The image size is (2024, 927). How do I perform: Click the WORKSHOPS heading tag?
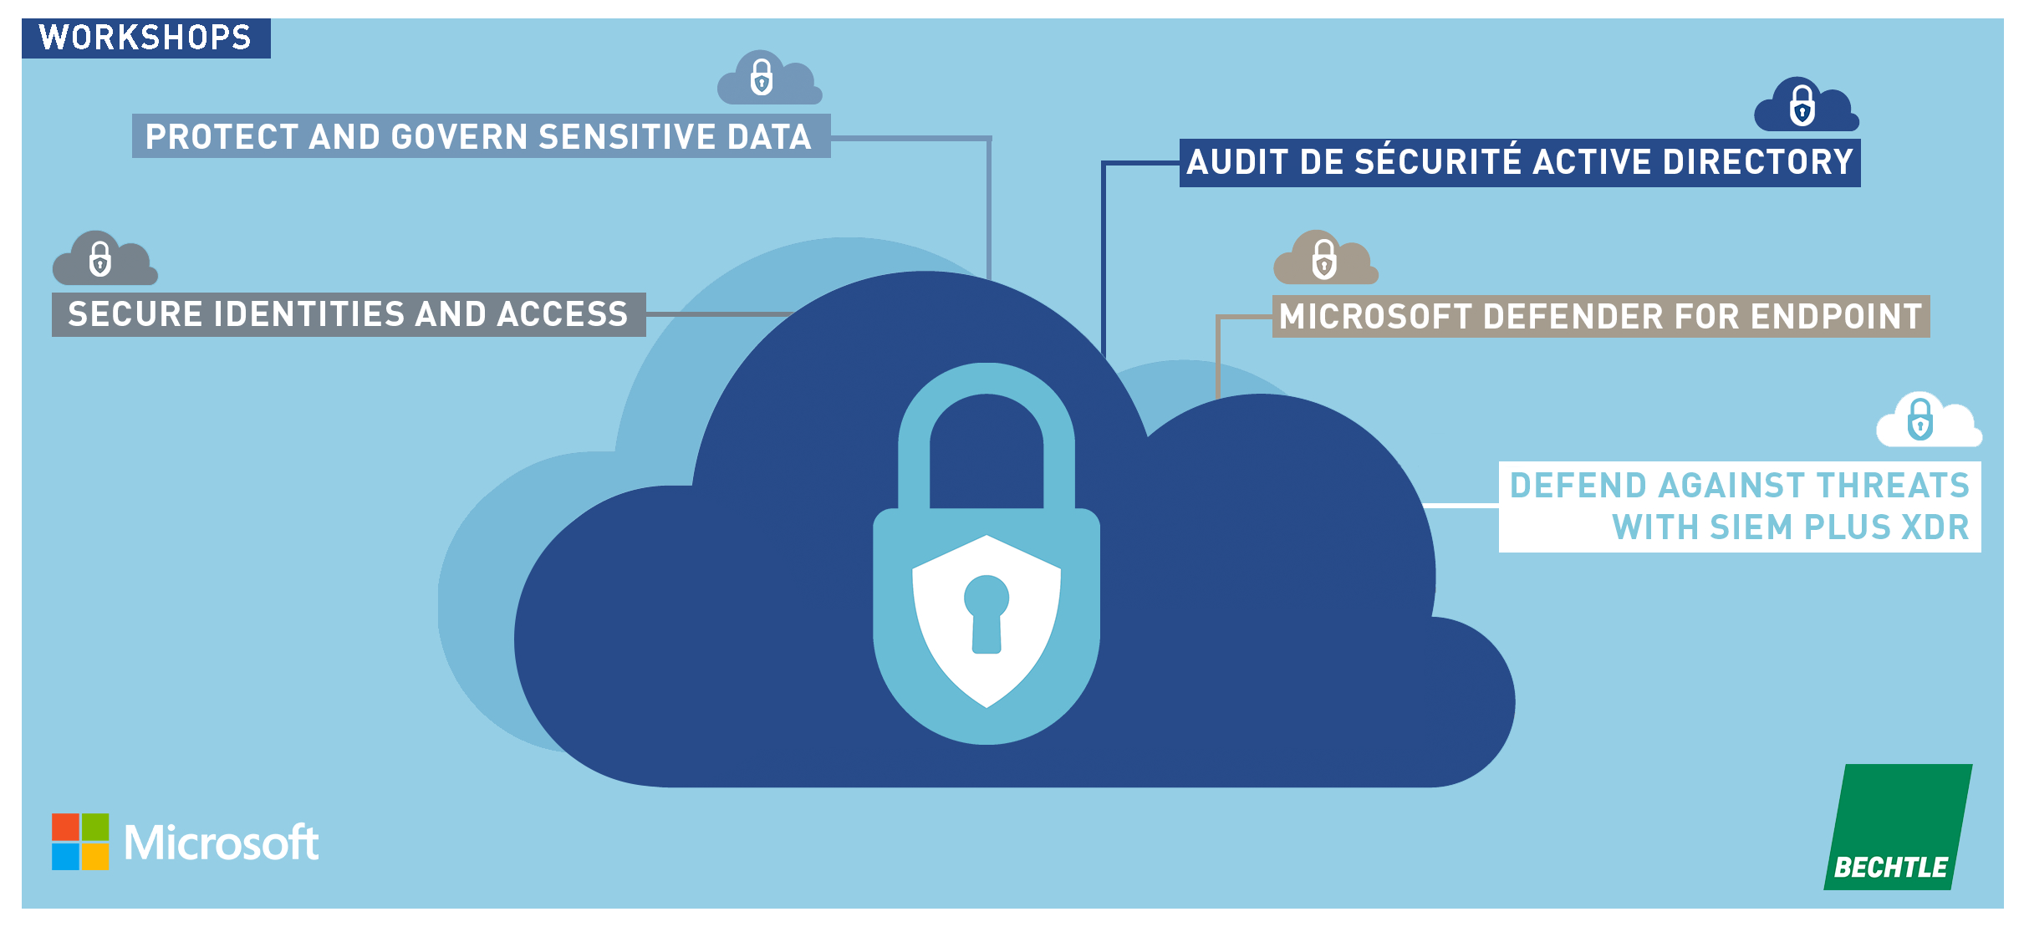pyautogui.click(x=145, y=38)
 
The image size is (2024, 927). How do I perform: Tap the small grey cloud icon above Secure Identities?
pyautogui.click(x=104, y=260)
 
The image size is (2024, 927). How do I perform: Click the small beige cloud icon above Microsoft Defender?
pyautogui.click(x=1325, y=259)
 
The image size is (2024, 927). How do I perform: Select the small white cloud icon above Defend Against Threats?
pyautogui.click(x=1927, y=421)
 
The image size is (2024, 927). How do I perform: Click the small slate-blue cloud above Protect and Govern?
pyautogui.click(x=767, y=79)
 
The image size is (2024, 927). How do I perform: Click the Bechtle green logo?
pyautogui.click(x=1898, y=828)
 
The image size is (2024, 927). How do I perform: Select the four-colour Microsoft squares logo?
pyautogui.click(x=80, y=842)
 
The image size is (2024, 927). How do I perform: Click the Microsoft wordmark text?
pyautogui.click(x=222, y=843)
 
